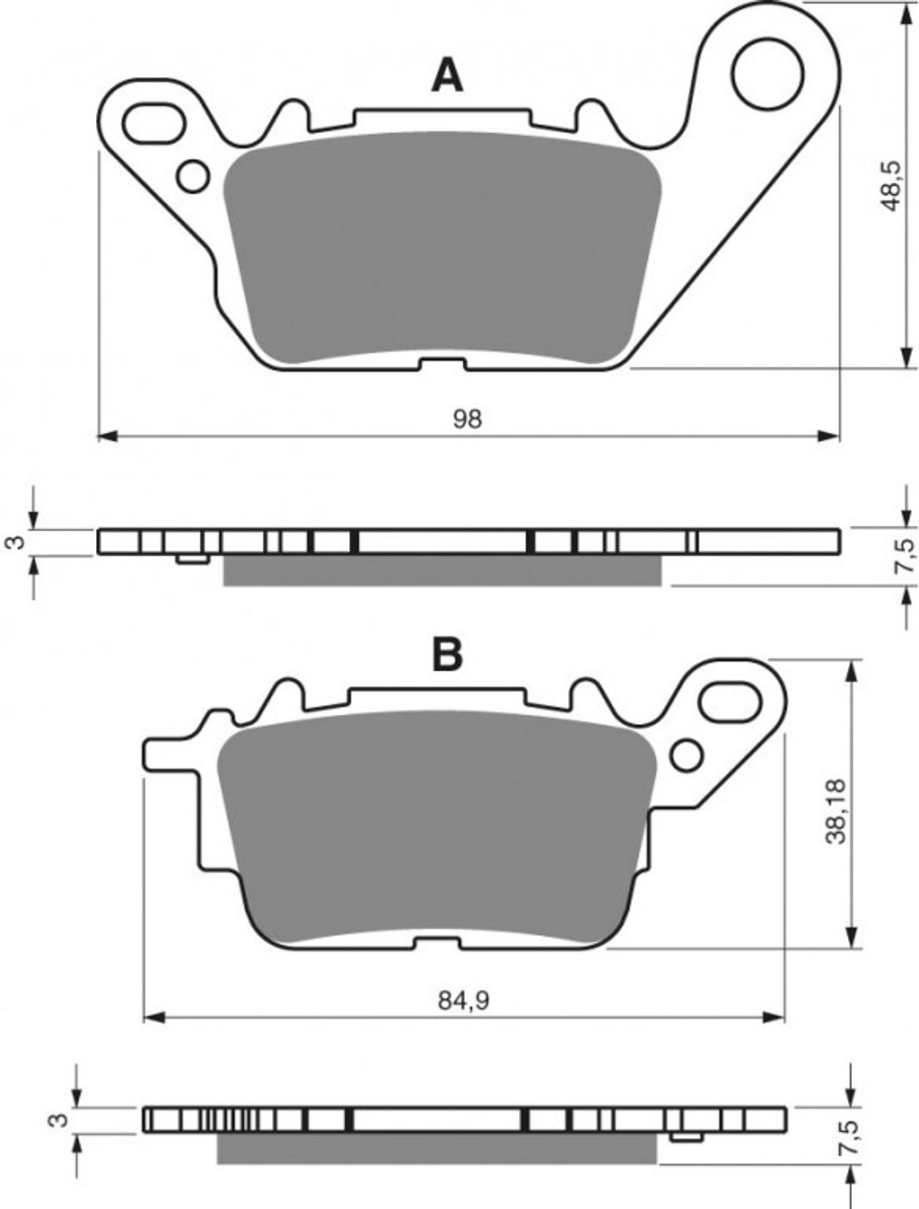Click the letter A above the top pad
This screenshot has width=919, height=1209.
[x=447, y=76]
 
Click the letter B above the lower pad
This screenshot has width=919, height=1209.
[x=447, y=655]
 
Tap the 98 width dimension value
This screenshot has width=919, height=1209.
[x=467, y=419]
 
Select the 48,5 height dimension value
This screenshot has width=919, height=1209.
[x=892, y=186]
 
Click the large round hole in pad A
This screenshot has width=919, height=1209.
[x=768, y=74]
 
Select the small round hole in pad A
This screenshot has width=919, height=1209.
[x=193, y=176]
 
